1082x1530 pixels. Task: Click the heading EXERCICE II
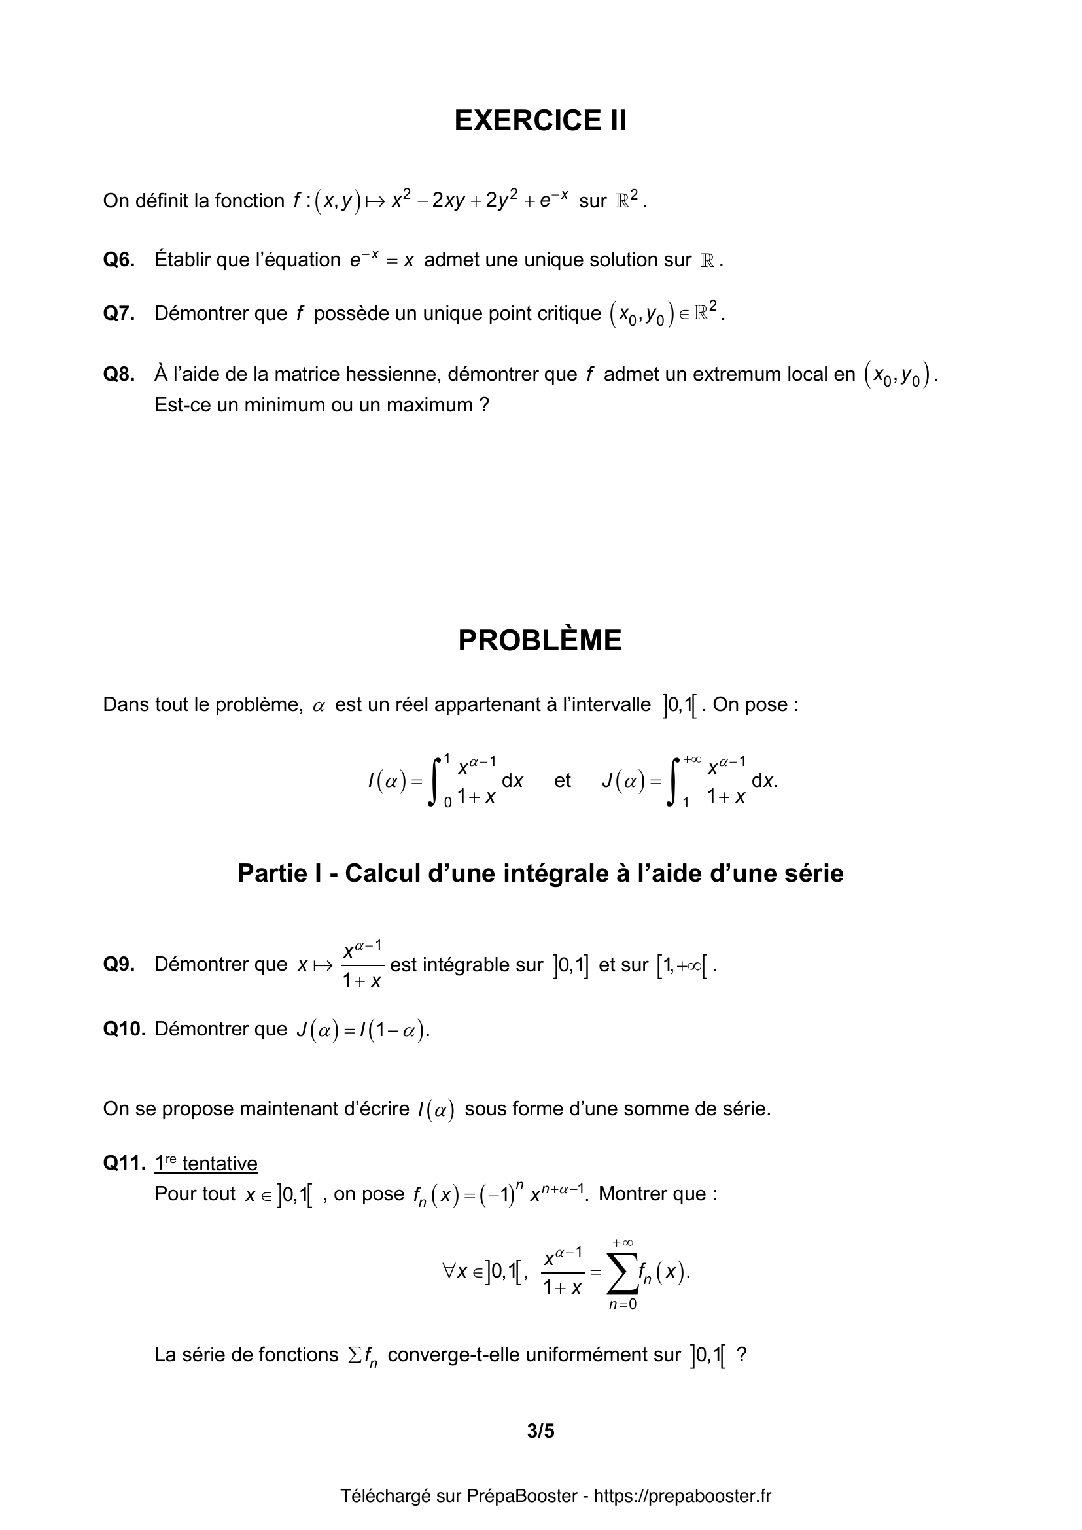[x=540, y=120]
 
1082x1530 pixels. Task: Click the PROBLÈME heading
[x=540, y=640]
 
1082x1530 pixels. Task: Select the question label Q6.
[x=118, y=260]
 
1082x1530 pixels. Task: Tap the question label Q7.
[x=118, y=313]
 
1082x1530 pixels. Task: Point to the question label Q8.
[x=118, y=375]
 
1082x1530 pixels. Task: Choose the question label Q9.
[x=118, y=964]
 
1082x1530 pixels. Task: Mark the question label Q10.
[x=124, y=1029]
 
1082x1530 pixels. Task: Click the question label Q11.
[x=124, y=1163]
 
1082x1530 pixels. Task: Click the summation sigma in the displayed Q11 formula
[x=621, y=1274]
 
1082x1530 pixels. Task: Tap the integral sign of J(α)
[x=674, y=780]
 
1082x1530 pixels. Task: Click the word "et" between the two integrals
[x=563, y=780]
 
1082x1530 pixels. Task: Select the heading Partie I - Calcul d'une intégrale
[x=540, y=873]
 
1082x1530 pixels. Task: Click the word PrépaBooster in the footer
[x=521, y=1496]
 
